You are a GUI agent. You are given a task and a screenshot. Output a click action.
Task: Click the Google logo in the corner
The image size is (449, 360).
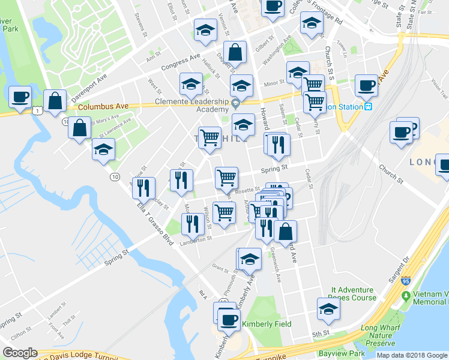coord(20,353)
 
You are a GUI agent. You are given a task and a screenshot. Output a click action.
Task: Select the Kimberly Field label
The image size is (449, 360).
coord(267,324)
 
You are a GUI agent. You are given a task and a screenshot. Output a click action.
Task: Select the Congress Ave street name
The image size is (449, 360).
coord(180,61)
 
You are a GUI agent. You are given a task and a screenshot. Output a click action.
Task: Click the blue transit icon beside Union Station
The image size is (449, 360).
coord(369,107)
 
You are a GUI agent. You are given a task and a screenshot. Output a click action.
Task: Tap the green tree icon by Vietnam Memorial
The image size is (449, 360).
coord(406,296)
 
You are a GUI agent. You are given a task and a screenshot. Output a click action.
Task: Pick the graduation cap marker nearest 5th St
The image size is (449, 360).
coord(328,309)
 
